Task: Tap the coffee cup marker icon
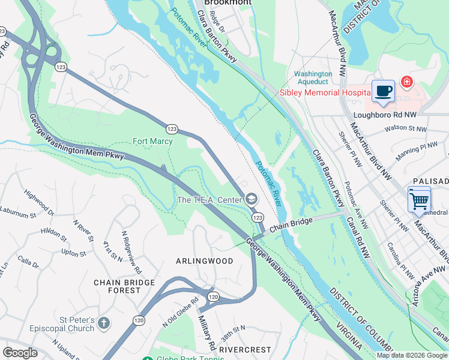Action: point(383,92)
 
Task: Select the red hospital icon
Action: point(407,81)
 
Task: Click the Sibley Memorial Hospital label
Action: point(325,92)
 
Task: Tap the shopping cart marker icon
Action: point(418,199)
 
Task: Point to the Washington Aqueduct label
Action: point(312,78)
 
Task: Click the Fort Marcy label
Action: point(152,142)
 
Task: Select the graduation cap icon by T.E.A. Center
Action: point(251,199)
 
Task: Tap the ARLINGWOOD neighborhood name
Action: point(204,261)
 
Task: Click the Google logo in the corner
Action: point(20,352)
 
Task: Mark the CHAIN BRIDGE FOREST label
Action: point(124,286)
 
